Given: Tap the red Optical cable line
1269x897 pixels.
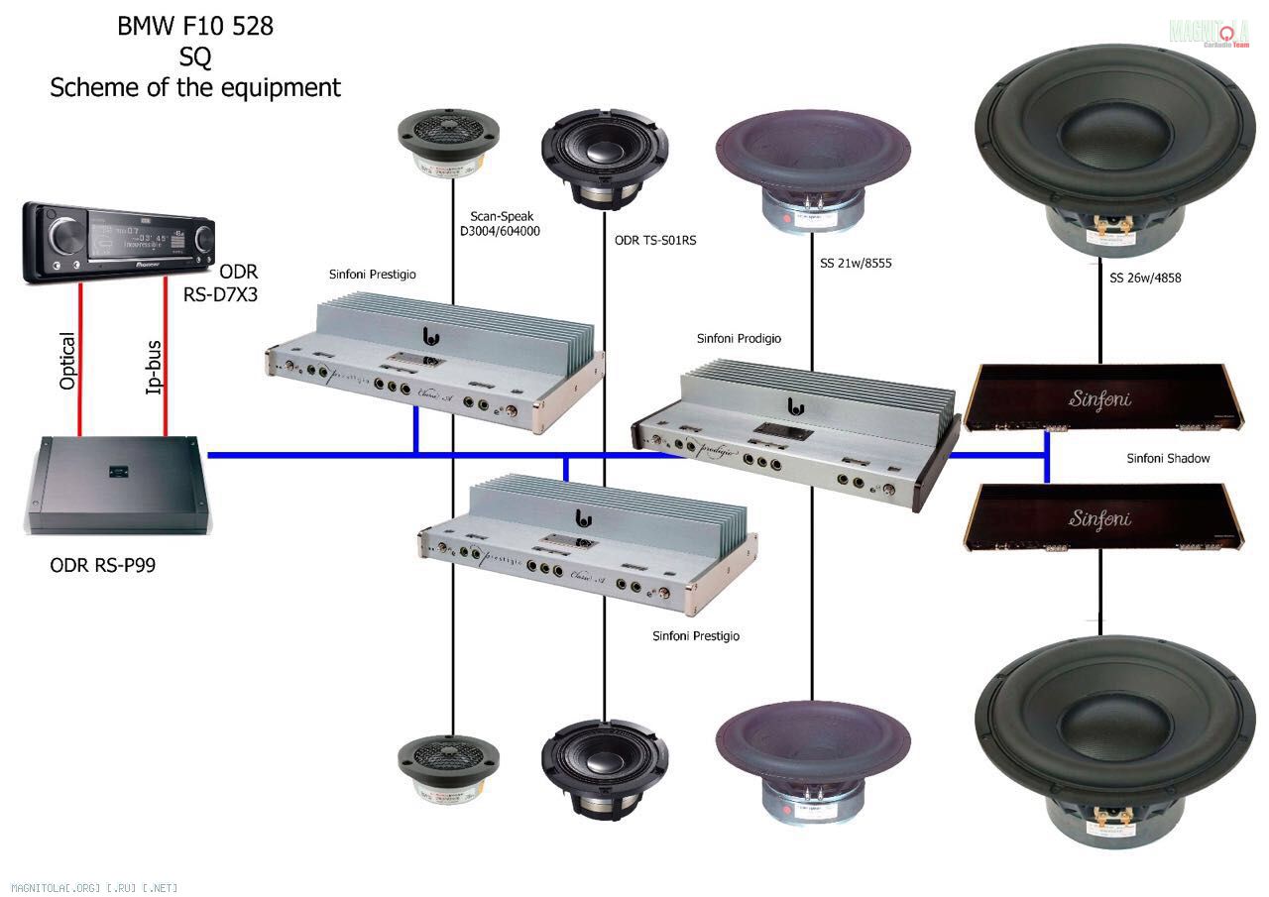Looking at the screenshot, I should coord(80,362).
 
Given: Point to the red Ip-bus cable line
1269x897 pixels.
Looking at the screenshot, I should coord(165,362).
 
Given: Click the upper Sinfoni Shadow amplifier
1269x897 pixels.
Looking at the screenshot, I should coord(1099,399).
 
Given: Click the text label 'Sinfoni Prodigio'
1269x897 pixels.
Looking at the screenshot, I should coord(739,339).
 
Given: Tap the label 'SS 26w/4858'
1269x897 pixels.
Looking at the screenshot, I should coord(1145,279).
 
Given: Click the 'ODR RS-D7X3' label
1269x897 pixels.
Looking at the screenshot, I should coord(239,282).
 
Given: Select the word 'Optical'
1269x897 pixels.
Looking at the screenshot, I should coord(67,362).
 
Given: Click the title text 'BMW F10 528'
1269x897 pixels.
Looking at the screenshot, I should coord(195,27).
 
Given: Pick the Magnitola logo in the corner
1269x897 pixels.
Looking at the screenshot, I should coord(1209,32).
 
